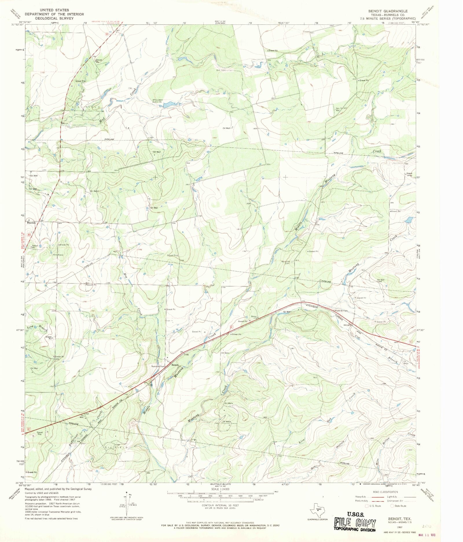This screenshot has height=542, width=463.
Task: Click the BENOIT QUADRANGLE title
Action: (x=388, y=11)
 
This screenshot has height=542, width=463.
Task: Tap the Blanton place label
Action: (x=31, y=223)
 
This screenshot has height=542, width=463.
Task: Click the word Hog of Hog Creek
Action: (x=126, y=275)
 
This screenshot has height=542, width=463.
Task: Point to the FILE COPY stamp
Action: (x=355, y=523)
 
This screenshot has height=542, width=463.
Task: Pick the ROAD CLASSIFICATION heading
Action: (x=385, y=492)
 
